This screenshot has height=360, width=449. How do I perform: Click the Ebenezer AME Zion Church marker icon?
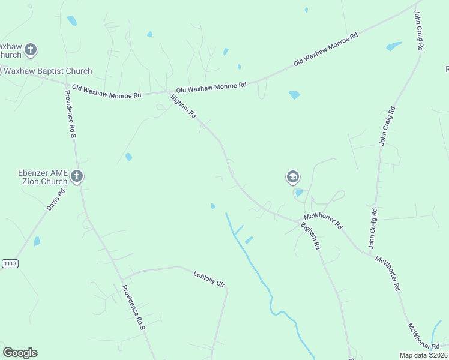(76, 176)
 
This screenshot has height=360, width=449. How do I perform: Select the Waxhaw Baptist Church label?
(41, 71)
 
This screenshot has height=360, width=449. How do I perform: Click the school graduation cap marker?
(292, 177)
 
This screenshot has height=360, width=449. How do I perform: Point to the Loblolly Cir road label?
(208, 279)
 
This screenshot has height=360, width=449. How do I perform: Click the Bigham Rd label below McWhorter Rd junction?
(310, 236)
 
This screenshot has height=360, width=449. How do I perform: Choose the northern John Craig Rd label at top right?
(420, 30)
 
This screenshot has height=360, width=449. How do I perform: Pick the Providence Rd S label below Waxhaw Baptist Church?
(69, 115)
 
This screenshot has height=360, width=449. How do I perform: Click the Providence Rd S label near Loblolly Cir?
(134, 307)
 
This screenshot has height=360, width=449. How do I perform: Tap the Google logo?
(20, 353)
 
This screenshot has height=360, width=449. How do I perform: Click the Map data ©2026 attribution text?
(423, 355)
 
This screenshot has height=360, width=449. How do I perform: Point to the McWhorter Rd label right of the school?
(323, 220)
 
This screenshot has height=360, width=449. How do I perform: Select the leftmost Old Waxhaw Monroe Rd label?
(106, 91)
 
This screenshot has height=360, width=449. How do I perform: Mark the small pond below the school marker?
(299, 193)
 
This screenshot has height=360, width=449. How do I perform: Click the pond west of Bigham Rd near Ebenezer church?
(128, 157)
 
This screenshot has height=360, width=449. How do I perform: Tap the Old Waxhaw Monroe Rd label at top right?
(325, 49)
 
